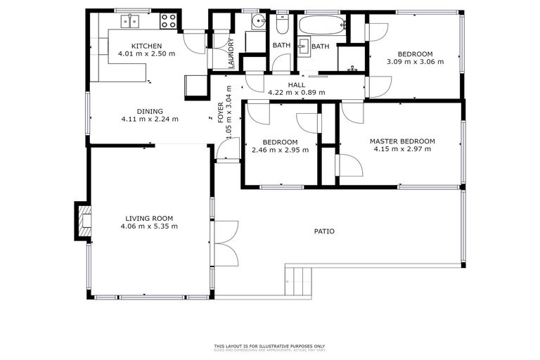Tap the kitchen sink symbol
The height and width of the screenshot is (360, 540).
click(x=129, y=22)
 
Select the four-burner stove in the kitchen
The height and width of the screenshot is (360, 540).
click(x=169, y=21)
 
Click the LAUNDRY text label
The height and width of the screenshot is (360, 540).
click(x=231, y=53)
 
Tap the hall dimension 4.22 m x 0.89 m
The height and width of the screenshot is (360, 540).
click(x=296, y=92)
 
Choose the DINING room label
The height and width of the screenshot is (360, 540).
click(x=150, y=111)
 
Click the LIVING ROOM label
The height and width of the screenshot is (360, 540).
click(x=149, y=218)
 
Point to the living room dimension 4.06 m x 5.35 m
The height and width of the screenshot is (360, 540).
click(x=149, y=226)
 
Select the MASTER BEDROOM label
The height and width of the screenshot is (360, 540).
click(x=402, y=141)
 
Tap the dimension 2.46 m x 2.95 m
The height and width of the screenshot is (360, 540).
click(x=281, y=149)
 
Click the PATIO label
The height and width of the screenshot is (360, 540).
click(x=324, y=231)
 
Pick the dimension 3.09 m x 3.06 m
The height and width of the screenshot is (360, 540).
click(x=415, y=62)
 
